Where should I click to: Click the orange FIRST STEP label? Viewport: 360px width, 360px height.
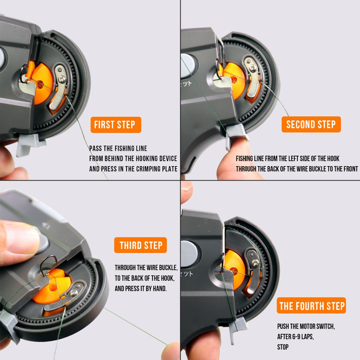115,125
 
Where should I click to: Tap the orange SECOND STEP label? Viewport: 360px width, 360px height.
311,125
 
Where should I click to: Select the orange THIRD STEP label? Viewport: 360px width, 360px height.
140,245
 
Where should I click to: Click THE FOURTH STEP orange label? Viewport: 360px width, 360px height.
312,306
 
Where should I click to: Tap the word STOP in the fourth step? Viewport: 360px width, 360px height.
283,347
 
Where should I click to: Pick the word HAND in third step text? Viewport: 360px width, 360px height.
158,288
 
